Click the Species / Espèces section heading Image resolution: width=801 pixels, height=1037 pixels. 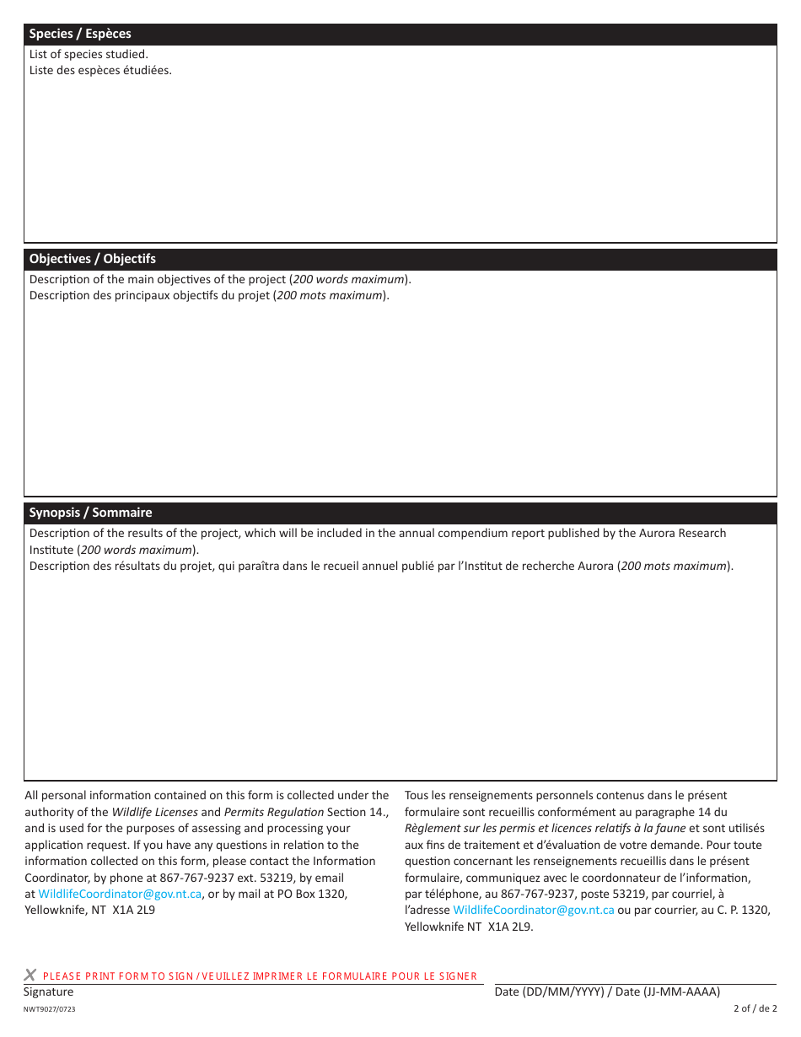[80, 34]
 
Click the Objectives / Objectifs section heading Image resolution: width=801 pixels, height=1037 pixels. [93, 259]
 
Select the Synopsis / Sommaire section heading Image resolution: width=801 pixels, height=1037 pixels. [91, 513]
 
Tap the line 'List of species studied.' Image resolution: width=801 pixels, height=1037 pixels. [89, 54]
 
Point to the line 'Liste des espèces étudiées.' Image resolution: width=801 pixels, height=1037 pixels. [100, 70]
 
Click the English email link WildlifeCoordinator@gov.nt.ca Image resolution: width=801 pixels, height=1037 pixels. [120, 894]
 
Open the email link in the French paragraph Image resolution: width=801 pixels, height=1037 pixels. [533, 911]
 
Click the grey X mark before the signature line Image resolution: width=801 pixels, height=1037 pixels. [30, 975]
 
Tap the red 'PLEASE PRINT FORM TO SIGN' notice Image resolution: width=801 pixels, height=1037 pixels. [260, 976]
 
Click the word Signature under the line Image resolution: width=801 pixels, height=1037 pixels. [48, 992]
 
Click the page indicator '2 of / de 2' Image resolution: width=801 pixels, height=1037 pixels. [755, 1008]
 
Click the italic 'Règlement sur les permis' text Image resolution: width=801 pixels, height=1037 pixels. [472, 829]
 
